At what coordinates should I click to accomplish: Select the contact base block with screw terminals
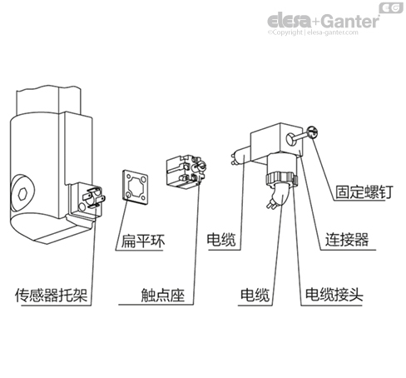[186, 171]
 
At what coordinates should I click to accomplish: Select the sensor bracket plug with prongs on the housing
[86, 198]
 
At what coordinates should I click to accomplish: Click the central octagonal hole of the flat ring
[136, 184]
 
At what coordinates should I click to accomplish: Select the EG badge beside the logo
[392, 8]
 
